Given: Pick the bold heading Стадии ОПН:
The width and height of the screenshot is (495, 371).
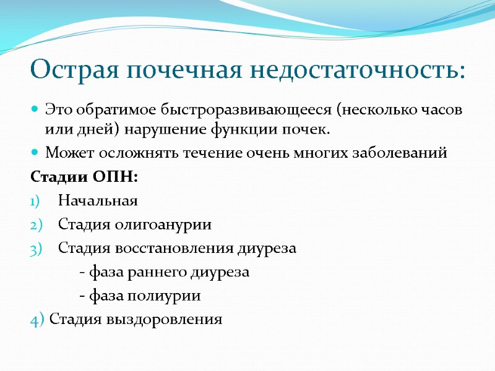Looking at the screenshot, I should point(85,177).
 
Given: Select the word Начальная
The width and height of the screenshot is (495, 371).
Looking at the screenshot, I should point(97,201).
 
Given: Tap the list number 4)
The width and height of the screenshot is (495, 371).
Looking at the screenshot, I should point(37,320).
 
